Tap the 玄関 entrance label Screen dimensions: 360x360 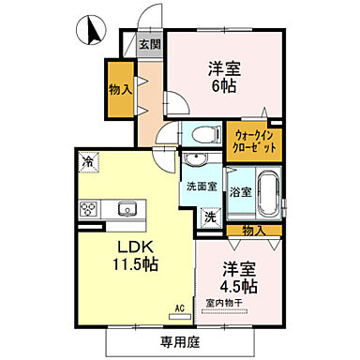(x=150, y=43)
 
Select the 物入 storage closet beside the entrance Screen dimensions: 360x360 (x=119, y=89)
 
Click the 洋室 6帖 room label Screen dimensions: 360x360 (x=222, y=77)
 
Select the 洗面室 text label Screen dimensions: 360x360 (x=200, y=186)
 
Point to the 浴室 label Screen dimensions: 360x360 (x=240, y=192)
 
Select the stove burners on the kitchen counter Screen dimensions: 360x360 (x=90, y=208)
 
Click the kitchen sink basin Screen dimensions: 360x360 (x=127, y=208)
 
